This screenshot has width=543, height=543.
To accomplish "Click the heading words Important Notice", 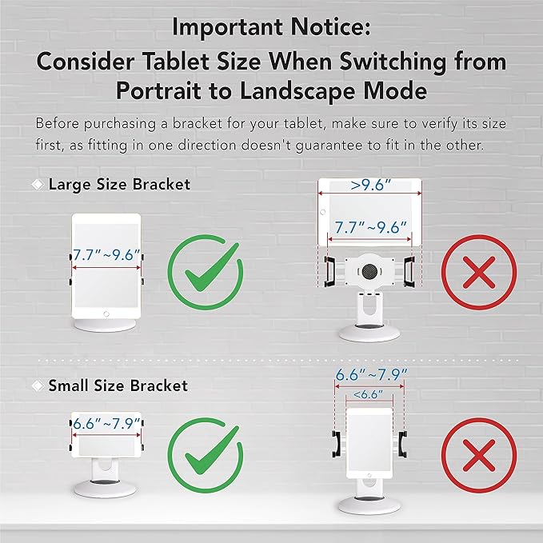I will pos(271,27).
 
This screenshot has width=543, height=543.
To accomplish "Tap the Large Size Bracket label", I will pos(119,184).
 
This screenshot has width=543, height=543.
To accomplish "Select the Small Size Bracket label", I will pos(118,385).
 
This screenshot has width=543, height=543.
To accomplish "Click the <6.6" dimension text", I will pos(368,393).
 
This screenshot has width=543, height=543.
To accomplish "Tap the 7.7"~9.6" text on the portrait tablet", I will pos(106,257).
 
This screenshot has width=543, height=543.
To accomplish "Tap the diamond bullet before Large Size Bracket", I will pos(36,184).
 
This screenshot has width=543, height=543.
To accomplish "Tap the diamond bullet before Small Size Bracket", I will pos(36,385).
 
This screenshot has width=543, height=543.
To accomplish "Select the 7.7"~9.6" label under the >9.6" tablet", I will pos(369,226).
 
